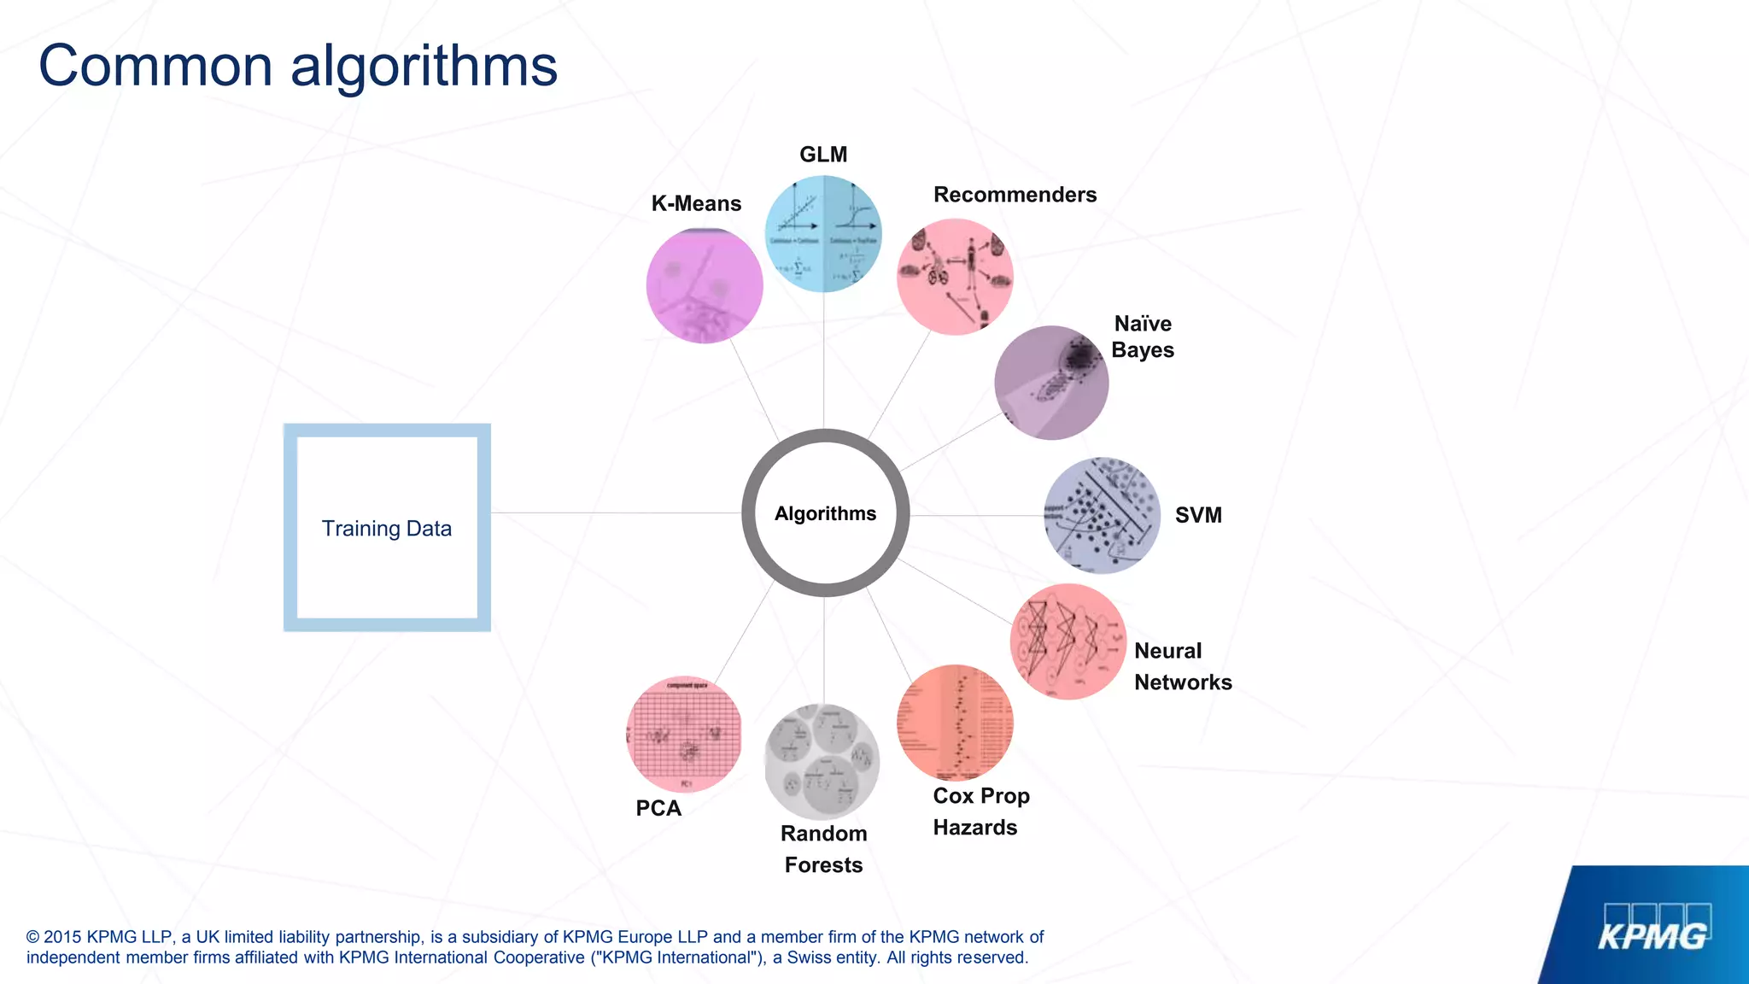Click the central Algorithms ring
825,513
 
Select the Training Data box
387,528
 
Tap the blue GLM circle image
823,234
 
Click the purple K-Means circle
705,285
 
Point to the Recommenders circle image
955,277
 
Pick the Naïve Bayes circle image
1051,383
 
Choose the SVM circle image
1103,515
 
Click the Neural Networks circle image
1068,641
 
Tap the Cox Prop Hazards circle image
955,723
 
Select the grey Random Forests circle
822,761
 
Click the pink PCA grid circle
684,735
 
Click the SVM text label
1198,515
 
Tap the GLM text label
823,155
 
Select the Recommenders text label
1015,195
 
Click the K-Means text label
696,203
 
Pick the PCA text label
658,808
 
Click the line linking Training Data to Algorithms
615,513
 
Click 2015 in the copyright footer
63,937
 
